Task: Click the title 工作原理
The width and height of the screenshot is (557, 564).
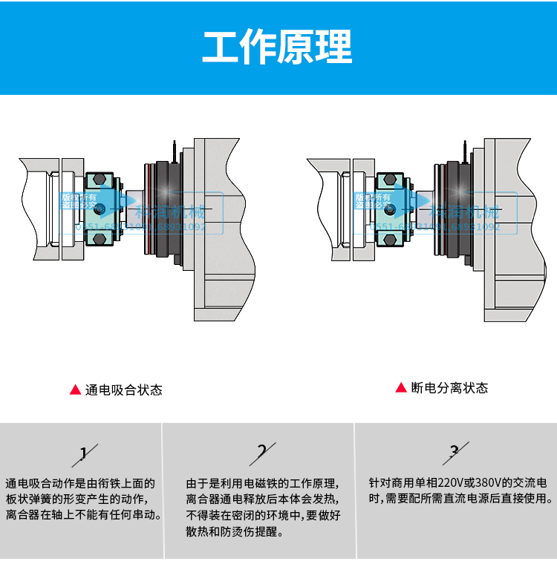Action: coord(278,47)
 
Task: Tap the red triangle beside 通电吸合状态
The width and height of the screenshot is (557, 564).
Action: coord(75,390)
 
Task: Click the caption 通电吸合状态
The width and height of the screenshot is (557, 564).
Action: coord(123,390)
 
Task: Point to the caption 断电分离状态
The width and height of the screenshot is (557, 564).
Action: coord(449,387)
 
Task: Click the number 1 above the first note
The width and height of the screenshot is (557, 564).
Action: coord(84,452)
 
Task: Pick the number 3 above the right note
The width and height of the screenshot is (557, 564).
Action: coord(455,450)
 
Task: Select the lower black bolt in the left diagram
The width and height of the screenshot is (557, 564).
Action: coord(99,238)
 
